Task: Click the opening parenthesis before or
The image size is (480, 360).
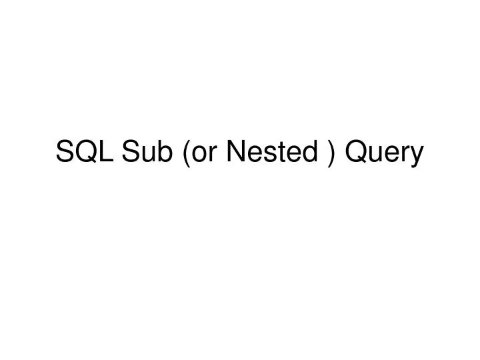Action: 183,154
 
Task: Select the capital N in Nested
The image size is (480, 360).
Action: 235,153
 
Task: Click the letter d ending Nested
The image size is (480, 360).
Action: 313,153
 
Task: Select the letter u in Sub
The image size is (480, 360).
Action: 148,156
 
